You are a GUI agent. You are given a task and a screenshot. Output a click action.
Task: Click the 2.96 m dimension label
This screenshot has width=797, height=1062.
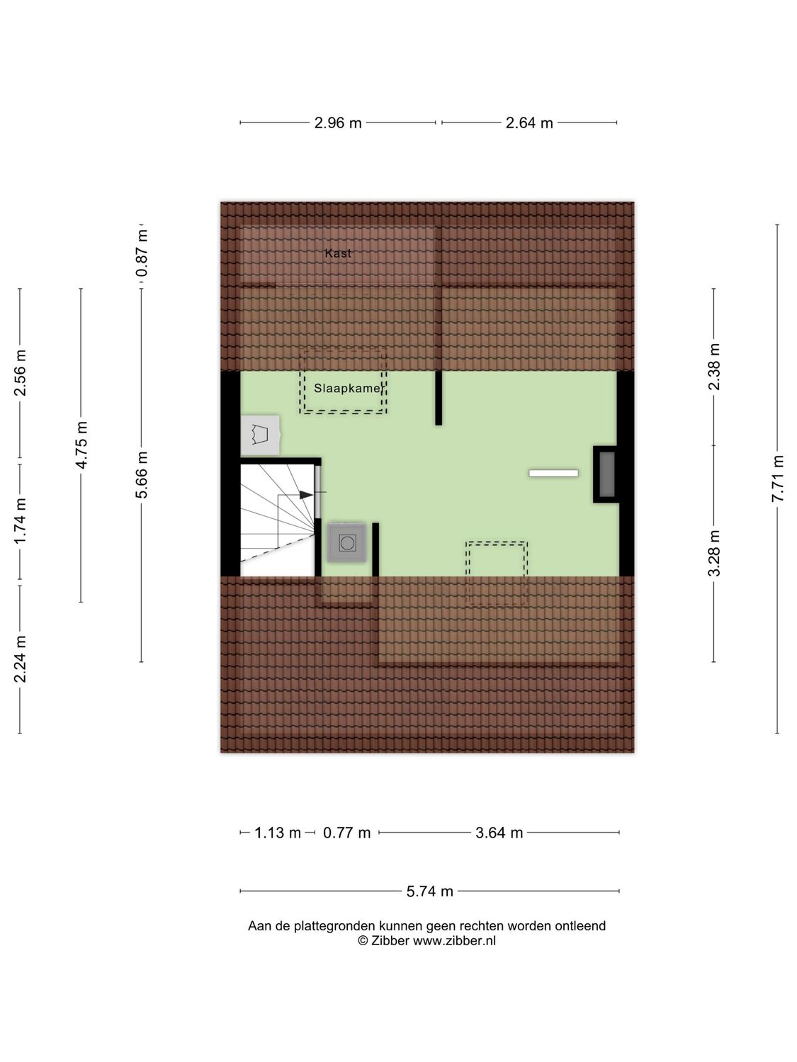pos(338,123)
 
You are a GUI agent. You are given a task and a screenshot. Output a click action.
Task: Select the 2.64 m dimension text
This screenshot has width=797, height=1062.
pos(529,123)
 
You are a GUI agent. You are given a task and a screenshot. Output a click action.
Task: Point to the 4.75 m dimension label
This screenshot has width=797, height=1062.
pos(82,445)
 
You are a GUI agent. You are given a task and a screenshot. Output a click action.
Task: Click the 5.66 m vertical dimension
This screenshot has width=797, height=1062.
pos(142,474)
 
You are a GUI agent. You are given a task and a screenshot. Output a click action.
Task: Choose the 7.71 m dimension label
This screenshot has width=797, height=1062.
pos(778,479)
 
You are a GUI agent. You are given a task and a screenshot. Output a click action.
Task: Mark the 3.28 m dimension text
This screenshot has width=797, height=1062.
pos(714,553)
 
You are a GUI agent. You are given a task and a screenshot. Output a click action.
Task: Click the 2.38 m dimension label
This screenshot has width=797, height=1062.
pos(714,366)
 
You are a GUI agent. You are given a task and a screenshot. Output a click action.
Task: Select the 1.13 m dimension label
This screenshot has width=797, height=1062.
pos(278,833)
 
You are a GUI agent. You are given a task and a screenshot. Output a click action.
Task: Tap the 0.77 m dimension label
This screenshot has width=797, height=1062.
pos(347,833)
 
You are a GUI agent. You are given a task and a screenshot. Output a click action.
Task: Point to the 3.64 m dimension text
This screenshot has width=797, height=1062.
pos(499,833)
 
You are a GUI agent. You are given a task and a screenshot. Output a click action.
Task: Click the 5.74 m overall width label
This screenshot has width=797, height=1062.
pos(429,891)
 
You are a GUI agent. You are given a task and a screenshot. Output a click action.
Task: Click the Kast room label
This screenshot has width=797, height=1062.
pos(338,253)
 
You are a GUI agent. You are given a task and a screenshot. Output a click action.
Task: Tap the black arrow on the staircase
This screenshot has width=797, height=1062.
pos(306,495)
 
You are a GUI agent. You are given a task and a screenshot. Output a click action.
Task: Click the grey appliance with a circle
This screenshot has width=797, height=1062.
pos(347,543)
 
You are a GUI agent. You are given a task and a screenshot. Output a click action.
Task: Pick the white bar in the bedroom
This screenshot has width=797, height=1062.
pos(553,473)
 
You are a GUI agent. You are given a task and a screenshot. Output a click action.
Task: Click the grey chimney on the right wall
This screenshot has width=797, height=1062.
pos(607,474)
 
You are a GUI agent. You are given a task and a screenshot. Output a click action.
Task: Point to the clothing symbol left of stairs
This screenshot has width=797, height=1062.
pos(259,434)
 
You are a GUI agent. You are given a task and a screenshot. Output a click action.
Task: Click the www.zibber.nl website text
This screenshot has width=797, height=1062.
pos(454,941)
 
